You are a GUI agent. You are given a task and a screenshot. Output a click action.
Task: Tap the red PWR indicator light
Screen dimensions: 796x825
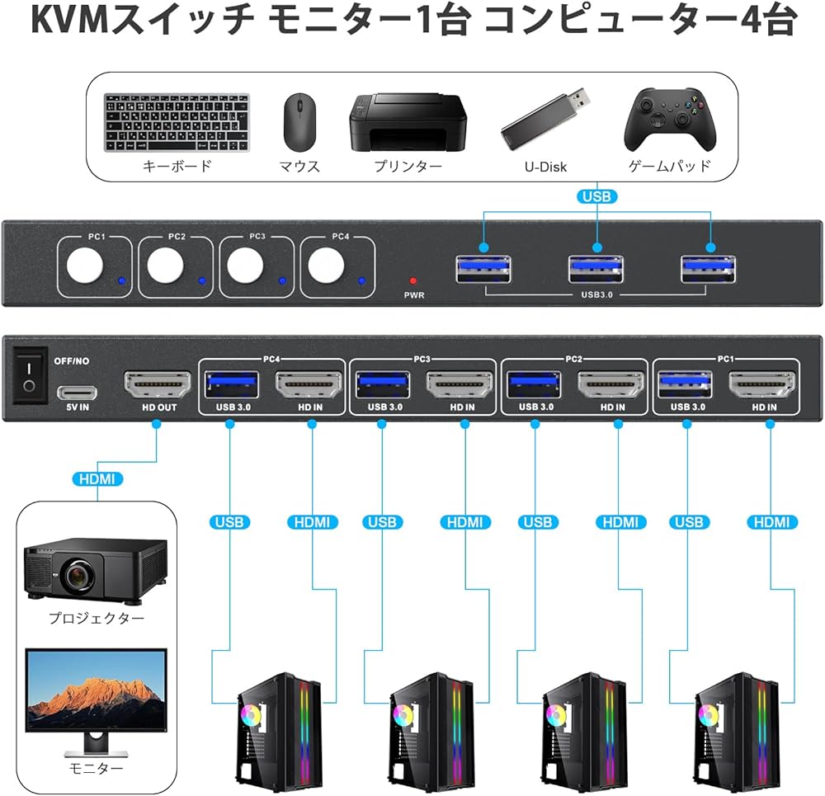[413, 280]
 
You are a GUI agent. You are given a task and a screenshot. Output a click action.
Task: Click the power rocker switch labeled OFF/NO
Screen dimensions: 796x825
[30, 375]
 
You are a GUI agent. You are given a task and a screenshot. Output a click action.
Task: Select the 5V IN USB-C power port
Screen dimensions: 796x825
[77, 392]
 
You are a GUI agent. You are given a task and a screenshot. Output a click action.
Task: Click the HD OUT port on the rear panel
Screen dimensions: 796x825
[157, 385]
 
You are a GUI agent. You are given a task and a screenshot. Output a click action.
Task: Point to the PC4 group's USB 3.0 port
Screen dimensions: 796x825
[232, 385]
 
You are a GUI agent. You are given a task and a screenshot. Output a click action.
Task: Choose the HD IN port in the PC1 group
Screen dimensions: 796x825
[763, 385]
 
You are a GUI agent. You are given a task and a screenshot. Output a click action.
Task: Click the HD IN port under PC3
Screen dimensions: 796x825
[460, 385]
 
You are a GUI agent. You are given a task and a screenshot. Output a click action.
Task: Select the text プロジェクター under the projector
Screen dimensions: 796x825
[96, 618]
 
